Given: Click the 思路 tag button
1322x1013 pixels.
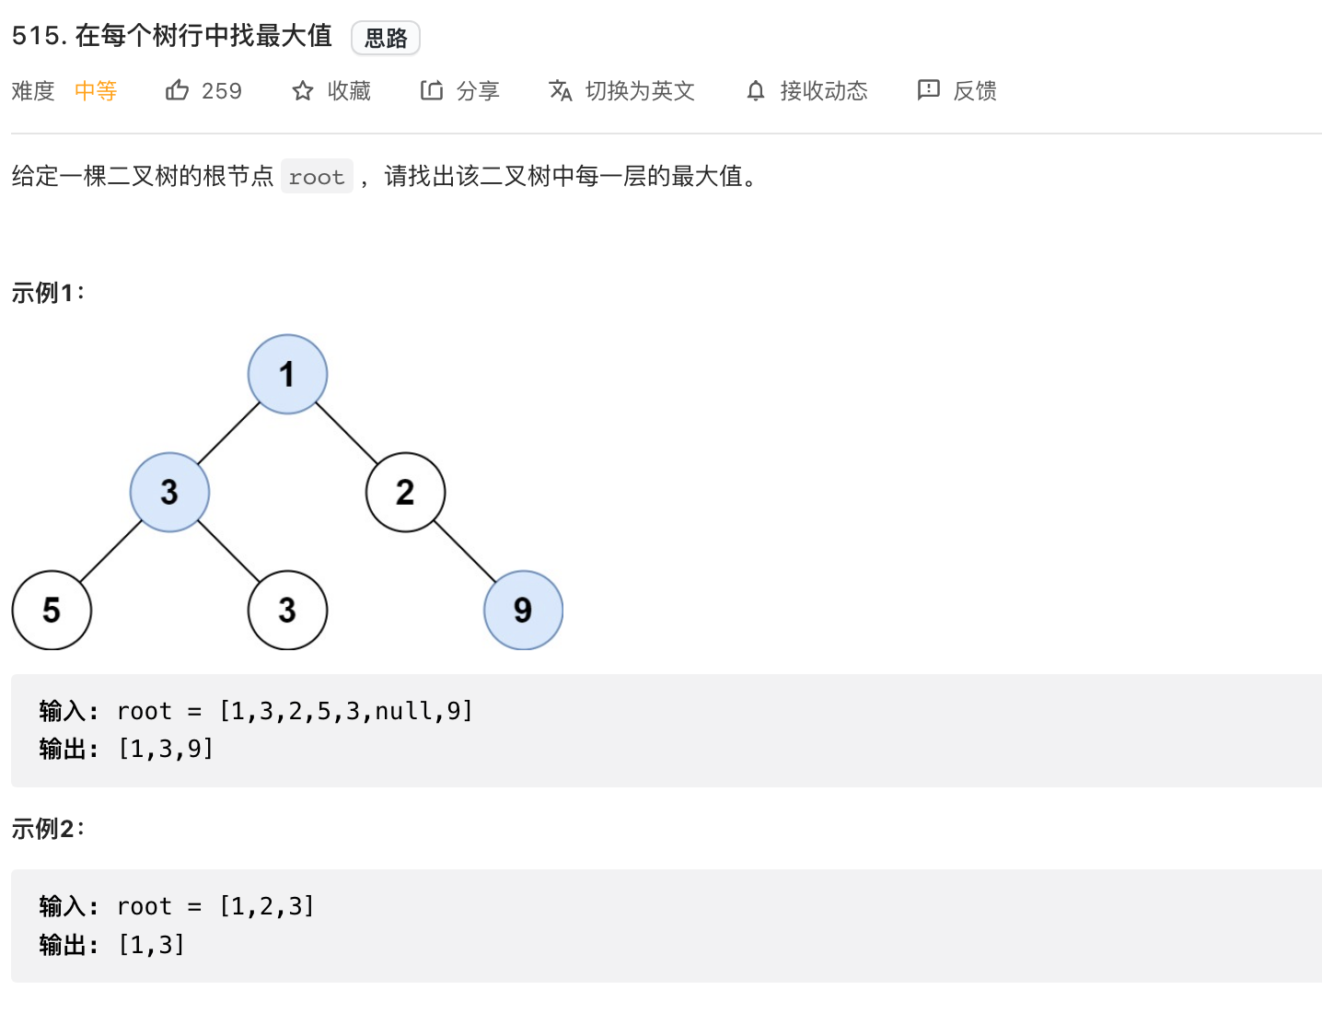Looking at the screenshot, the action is (x=386, y=38).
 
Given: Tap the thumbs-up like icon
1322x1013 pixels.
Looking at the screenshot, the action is (x=177, y=90).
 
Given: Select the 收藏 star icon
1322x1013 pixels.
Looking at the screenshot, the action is (x=303, y=90).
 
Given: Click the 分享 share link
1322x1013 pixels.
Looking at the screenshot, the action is (x=460, y=90).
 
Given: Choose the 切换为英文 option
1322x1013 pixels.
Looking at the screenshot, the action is (x=622, y=90).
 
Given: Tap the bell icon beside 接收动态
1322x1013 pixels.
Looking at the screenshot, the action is (x=756, y=90).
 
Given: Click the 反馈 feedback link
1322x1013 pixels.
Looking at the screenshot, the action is (x=957, y=90).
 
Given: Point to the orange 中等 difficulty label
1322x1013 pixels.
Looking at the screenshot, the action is (x=96, y=90).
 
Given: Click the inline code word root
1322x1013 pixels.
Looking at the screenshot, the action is (x=317, y=177).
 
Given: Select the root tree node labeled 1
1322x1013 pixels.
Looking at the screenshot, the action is (x=287, y=374).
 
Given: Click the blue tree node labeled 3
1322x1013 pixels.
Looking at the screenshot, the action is (x=169, y=492).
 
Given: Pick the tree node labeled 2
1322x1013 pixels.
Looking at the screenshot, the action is (x=405, y=492).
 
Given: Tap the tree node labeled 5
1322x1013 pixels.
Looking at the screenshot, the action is (x=52, y=610).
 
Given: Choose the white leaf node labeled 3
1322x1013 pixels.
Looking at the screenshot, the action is (x=287, y=610).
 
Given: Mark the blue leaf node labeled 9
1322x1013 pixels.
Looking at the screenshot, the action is (x=523, y=610).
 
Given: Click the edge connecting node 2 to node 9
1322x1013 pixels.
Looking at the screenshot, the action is (x=465, y=551).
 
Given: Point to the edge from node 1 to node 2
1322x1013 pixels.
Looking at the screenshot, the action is (x=347, y=433).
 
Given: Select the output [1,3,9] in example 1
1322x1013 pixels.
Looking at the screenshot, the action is (x=166, y=749).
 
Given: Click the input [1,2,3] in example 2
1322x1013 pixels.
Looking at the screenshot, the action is (x=267, y=906).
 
